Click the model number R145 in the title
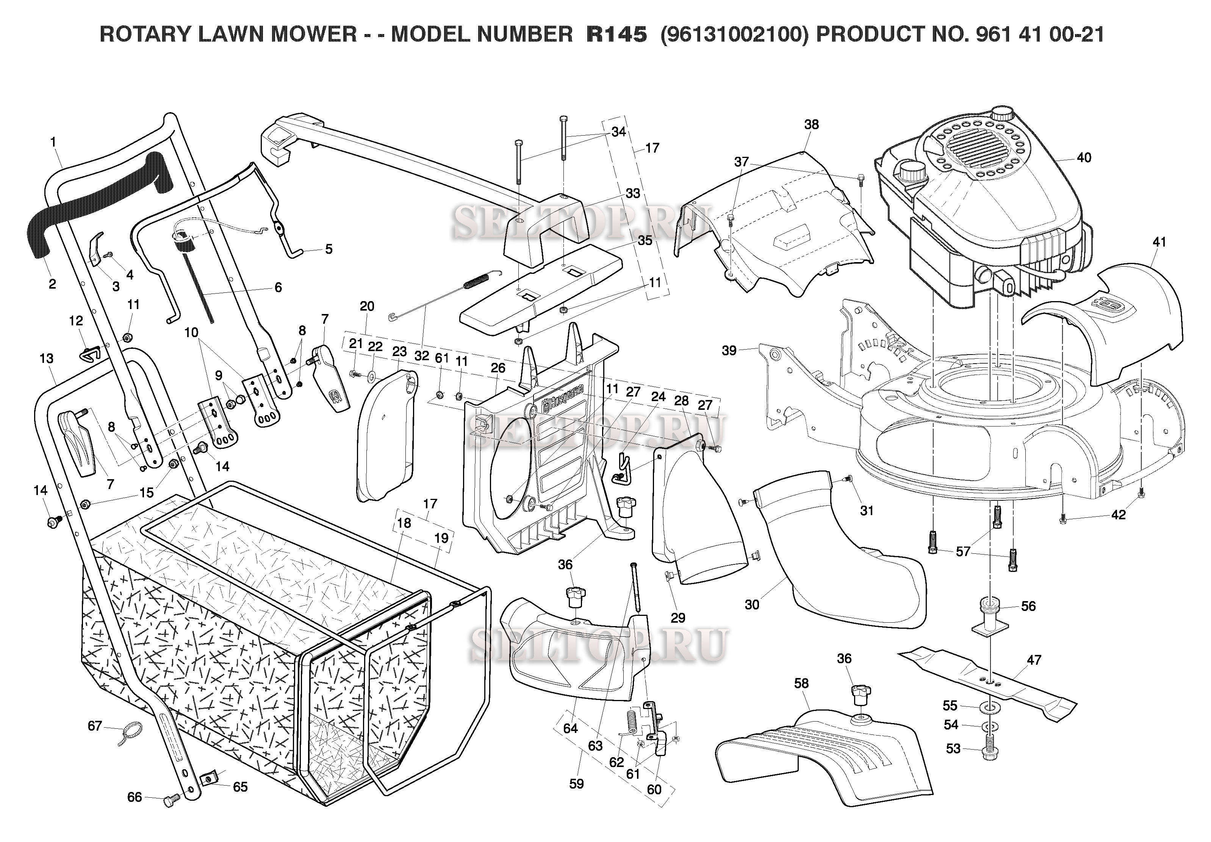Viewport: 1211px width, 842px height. click(616, 35)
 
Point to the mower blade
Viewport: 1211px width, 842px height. click(986, 686)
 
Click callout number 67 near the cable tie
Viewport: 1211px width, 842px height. click(94, 726)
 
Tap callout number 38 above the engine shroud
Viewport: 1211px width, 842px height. click(811, 125)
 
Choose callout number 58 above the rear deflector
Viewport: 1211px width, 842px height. click(801, 683)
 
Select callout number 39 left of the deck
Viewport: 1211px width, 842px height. click(729, 350)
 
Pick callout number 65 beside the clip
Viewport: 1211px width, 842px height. click(240, 787)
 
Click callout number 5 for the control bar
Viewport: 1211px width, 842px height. click(329, 249)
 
